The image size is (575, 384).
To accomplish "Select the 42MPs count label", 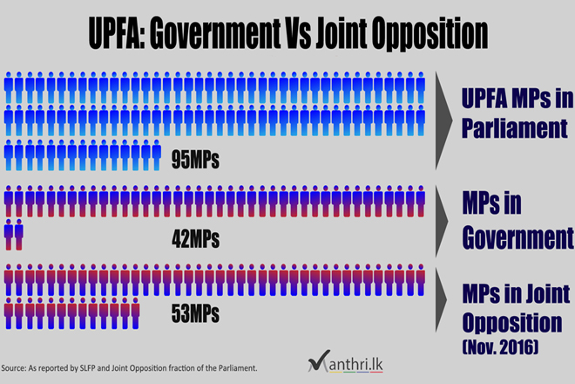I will pos(195,237).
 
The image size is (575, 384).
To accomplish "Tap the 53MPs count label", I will pos(195,312).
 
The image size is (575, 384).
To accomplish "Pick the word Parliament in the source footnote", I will pos(233,368).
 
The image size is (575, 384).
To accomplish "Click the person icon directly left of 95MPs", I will pos(157,154).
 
